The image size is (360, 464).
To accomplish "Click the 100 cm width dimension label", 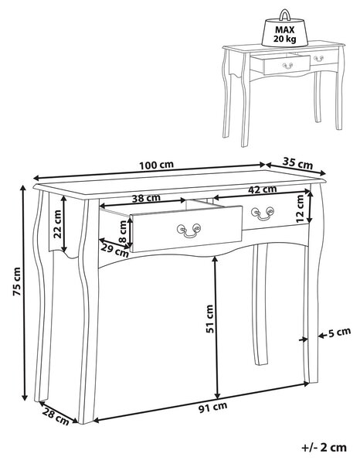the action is pos(156,165).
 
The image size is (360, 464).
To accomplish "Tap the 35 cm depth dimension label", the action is pos(297,163).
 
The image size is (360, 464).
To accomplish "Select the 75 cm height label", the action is pos(16,281).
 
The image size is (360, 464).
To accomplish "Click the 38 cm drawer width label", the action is pos(146,198).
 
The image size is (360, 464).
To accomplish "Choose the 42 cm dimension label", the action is pos(262,189).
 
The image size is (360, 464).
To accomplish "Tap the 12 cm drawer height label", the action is pos(300,209).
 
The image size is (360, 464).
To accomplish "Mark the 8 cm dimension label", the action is pos(122,232).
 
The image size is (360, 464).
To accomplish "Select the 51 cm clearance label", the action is pos(209,319).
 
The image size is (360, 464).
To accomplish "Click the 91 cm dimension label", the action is pos(212,408).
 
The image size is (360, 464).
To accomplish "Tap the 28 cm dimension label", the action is pos(56,416).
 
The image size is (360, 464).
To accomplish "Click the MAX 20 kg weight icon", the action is pos(285,29).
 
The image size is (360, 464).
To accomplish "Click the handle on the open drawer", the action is pos(188,230).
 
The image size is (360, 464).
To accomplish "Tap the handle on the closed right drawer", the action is pos(263,213).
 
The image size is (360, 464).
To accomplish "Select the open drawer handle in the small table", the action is pos(287,66).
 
